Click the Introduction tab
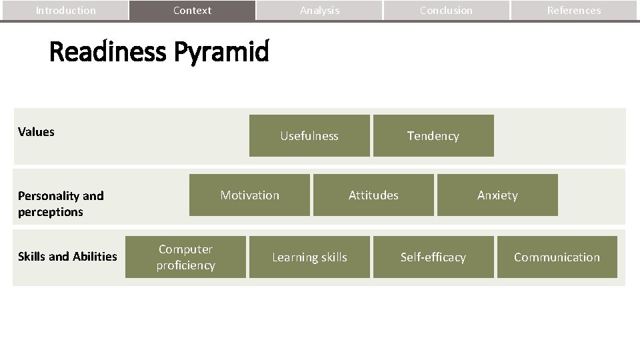point(65,11)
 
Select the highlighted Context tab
point(192,11)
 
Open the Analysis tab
point(319,11)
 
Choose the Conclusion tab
point(446,11)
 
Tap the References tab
point(573,11)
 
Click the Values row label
point(36,132)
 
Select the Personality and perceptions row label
point(61,204)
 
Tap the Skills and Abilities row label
point(67,257)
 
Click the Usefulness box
point(309,136)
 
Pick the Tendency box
point(433,136)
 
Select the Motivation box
point(249,195)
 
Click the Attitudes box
point(373,195)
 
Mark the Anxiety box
point(497,195)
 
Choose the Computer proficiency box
point(185,257)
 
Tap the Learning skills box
point(309,257)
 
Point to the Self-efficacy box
point(433,257)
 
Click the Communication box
point(557,257)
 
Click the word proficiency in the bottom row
point(185,265)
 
